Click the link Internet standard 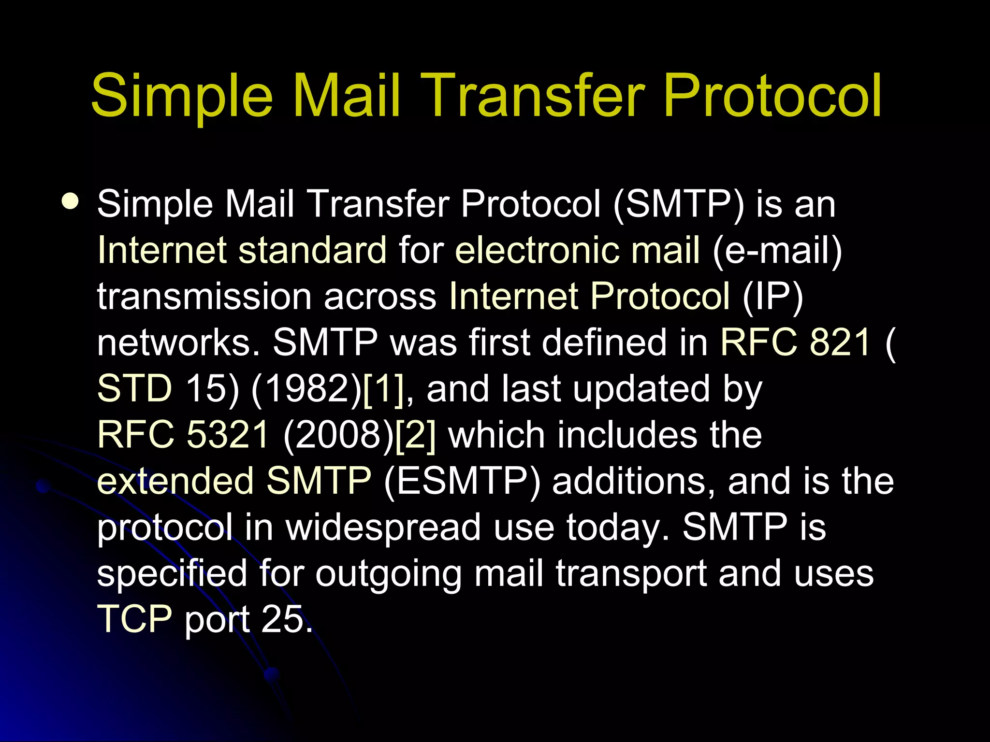click(x=242, y=250)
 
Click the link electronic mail click(x=577, y=250)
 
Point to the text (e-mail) click(x=777, y=250)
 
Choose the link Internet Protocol click(x=589, y=296)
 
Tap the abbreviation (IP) click(x=772, y=296)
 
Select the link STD click(x=134, y=388)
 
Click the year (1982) click(x=306, y=388)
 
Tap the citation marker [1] click(x=384, y=388)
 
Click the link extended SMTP click(x=234, y=481)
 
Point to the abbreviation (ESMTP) click(x=462, y=481)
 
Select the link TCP click(x=134, y=620)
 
